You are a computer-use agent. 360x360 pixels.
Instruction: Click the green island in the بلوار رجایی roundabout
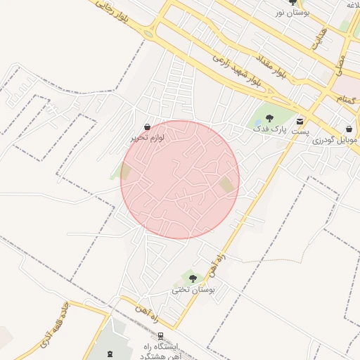(148, 33)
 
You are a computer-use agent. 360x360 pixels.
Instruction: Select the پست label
(300, 132)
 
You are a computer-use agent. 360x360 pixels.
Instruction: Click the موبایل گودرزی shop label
(335, 140)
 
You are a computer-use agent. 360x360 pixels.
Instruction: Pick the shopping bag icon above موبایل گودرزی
(349, 129)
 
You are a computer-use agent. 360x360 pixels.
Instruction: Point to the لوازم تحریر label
(147, 139)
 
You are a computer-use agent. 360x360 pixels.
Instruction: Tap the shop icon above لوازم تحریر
(147, 127)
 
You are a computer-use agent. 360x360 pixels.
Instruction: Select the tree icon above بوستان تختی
(193, 278)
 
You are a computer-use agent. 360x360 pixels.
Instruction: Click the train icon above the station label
(162, 336)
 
